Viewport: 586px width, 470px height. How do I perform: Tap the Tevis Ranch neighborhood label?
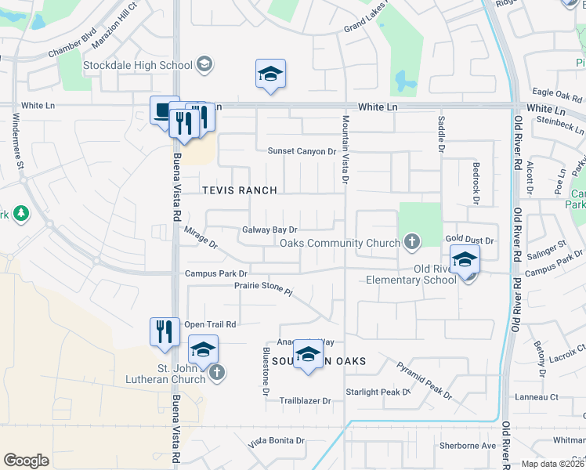[240, 190]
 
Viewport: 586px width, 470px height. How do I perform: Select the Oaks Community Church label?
[340, 243]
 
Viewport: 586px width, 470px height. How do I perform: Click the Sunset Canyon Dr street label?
[302, 151]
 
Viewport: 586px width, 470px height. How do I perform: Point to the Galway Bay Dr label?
[270, 230]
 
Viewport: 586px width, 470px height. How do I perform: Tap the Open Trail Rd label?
[210, 324]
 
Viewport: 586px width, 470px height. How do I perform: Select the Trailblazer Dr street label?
[306, 400]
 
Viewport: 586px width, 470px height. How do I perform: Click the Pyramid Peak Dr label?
[424, 380]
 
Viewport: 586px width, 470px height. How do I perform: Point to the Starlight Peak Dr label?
[378, 392]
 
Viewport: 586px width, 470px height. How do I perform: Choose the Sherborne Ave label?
[468, 446]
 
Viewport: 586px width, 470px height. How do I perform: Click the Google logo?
[26, 461]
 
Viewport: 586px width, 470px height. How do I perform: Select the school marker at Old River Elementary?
[465, 259]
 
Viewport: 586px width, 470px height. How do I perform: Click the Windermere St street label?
[17, 140]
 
